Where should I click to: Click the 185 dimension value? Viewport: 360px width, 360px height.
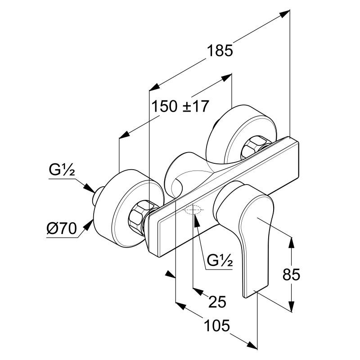(x=220, y=51)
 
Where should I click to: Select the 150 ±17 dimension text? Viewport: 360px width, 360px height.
(x=180, y=106)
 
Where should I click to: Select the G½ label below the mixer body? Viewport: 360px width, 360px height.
(x=220, y=260)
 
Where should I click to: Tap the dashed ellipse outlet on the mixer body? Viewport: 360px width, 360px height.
(x=193, y=210)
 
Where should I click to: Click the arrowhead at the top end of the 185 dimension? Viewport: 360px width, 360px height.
(x=284, y=13)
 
